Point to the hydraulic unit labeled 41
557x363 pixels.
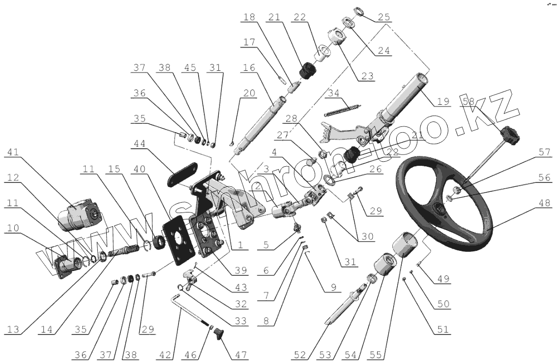[81, 214]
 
